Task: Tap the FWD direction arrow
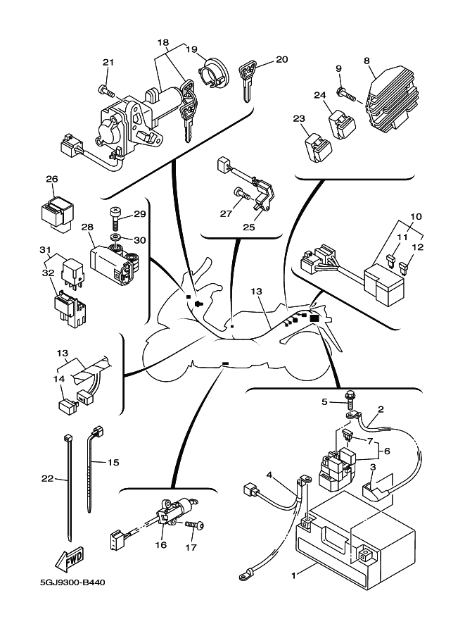(70, 560)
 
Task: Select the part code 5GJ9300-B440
(72, 583)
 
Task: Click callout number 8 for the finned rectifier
(367, 61)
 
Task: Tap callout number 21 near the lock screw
(108, 63)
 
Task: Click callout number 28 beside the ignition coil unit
(87, 227)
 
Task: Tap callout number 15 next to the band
(113, 463)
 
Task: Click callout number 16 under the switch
(160, 545)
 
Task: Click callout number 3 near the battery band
(374, 467)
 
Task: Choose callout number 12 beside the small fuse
(417, 248)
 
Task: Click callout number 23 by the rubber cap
(298, 118)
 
